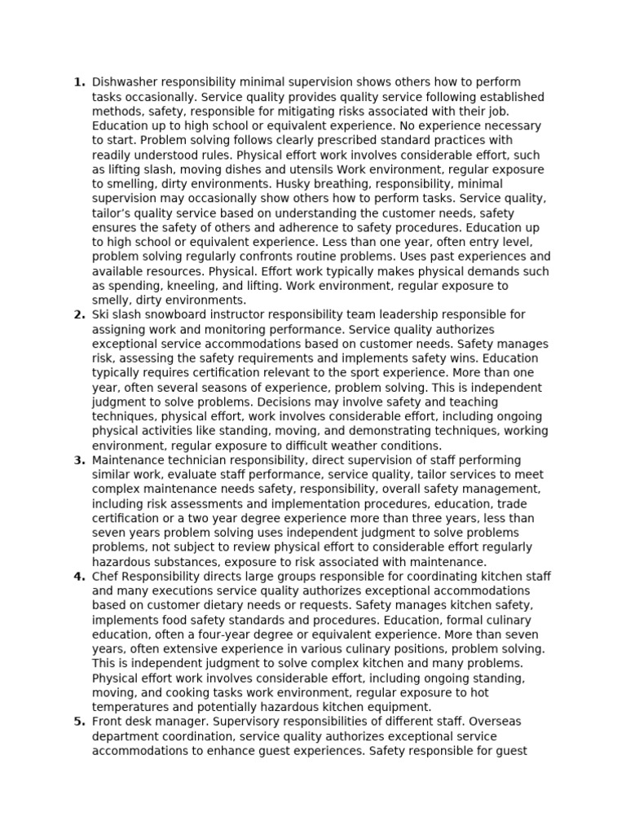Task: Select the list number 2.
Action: point(79,315)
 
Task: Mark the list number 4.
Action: point(79,577)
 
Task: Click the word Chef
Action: point(106,577)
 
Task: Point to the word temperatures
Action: point(132,708)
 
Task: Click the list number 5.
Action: point(79,722)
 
